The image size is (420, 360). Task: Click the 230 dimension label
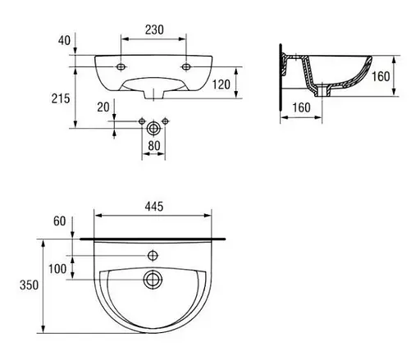[x=154, y=30]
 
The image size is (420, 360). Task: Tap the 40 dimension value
[x=64, y=40]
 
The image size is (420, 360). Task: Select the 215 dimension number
[x=61, y=98]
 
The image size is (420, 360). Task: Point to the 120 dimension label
[x=221, y=84]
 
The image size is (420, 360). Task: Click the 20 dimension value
[x=103, y=107]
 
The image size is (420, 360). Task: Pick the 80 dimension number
[x=154, y=146]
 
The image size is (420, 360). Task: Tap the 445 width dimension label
[x=154, y=207]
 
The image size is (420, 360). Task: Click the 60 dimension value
[x=60, y=221]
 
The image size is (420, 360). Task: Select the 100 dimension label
[x=57, y=269]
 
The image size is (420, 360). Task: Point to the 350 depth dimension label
[x=29, y=285]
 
